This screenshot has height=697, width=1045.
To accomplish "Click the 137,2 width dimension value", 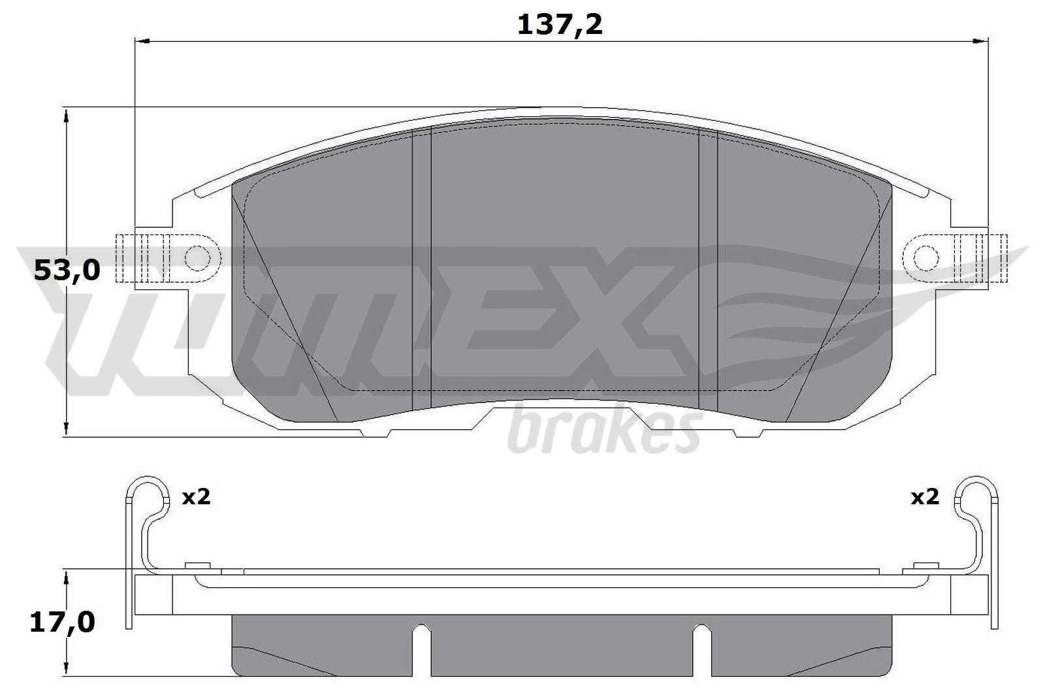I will (560, 25).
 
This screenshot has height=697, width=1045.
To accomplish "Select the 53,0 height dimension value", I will (67, 269).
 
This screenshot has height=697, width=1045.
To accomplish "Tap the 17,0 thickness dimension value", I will (63, 622).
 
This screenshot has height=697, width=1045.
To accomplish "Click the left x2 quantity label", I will (195, 497).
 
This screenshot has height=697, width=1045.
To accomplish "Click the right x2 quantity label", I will (925, 497).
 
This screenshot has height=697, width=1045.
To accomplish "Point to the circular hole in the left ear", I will (197, 258).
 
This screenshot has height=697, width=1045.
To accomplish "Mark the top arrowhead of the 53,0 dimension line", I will (67, 116).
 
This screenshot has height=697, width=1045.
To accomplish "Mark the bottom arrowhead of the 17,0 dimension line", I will (67, 670).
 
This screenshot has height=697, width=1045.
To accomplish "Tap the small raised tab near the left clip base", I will (197, 565).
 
